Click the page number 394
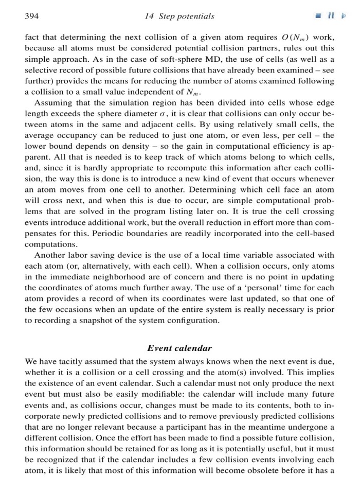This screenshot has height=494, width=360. (x=32, y=16)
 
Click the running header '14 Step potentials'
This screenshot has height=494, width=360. (x=179, y=16)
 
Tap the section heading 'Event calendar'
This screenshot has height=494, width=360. (x=179, y=348)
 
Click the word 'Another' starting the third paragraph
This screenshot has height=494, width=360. (x=49, y=256)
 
